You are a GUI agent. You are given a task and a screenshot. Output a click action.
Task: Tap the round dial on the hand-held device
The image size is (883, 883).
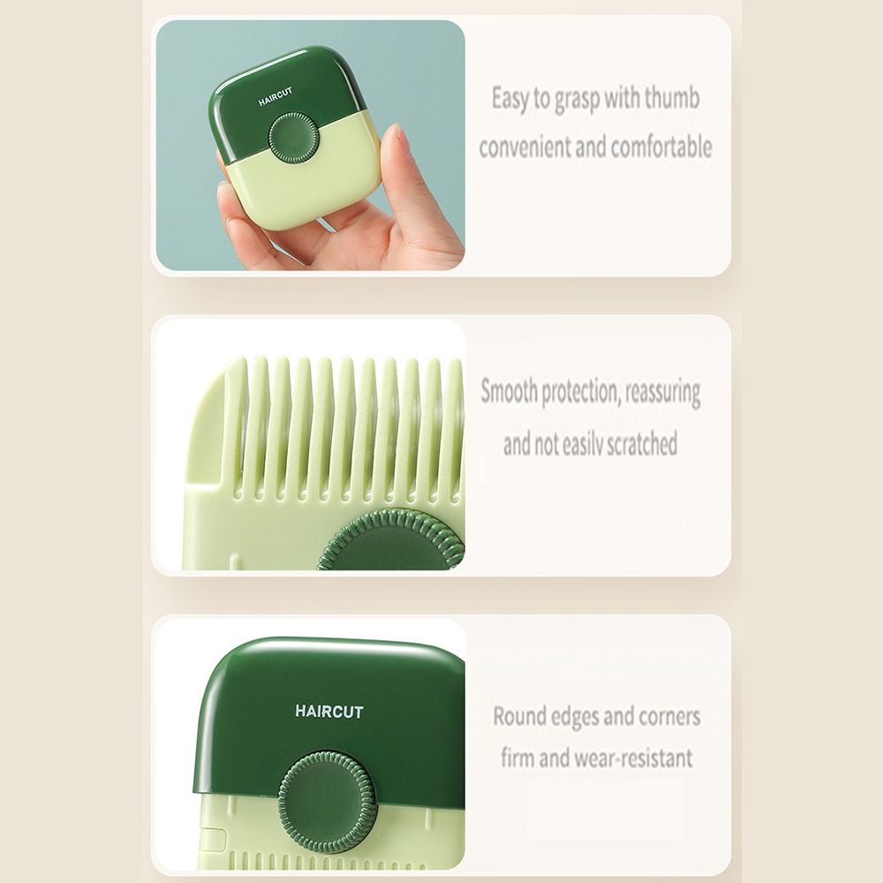coord(293,137)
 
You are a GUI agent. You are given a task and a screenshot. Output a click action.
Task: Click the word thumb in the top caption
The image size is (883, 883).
coord(671,98)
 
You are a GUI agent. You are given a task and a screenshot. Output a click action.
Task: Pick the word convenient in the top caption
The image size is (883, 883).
coord(525,147)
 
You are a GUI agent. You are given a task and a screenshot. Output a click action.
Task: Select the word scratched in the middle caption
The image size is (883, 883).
coord(630,443)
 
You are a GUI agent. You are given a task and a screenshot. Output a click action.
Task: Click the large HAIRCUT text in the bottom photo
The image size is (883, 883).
coord(329,711)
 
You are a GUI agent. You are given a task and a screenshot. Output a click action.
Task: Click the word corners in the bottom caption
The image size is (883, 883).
coord(660,715)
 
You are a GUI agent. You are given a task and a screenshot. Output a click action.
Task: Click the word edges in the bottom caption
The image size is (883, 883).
coord(585,716)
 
